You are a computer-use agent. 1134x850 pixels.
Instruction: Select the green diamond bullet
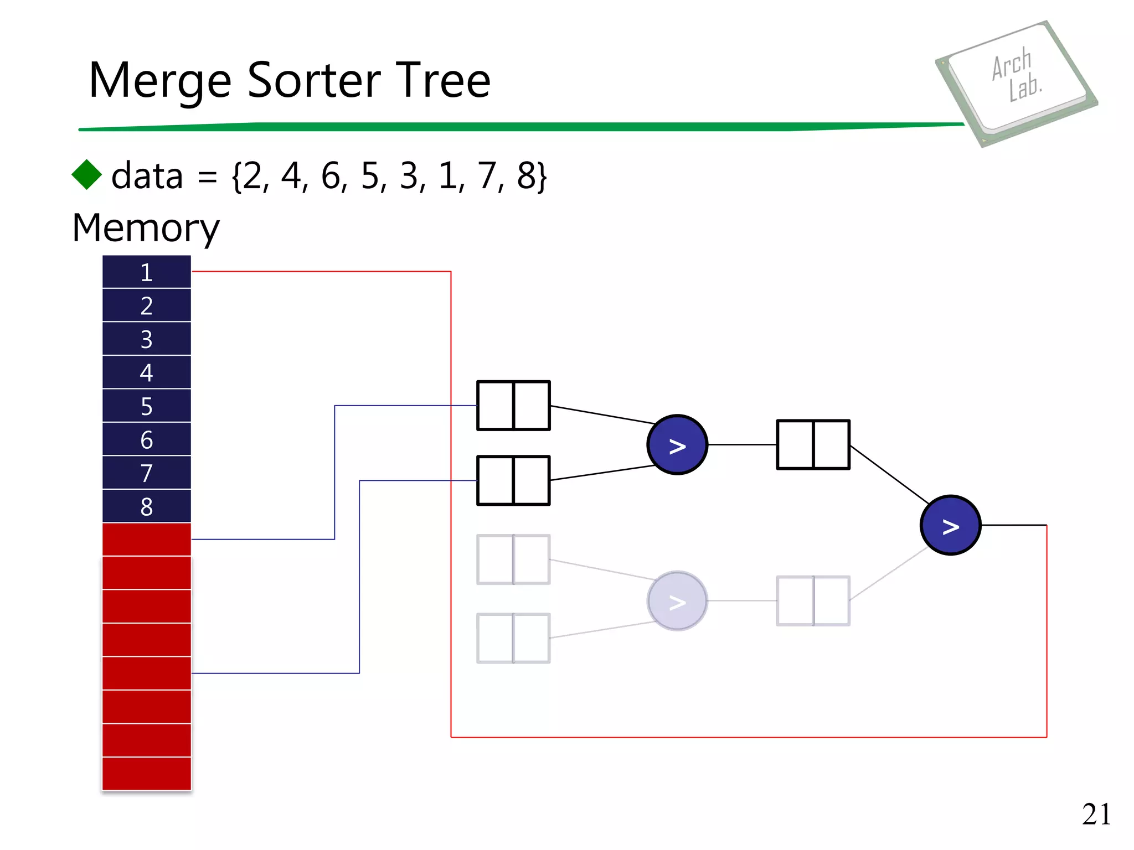(x=87, y=175)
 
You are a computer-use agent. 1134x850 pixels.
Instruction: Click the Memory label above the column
(x=146, y=228)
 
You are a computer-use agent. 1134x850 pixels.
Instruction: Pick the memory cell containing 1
(x=147, y=272)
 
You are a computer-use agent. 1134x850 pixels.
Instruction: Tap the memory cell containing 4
(x=147, y=372)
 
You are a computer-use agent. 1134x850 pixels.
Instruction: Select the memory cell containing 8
(x=147, y=506)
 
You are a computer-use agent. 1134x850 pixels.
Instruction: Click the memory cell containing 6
(x=147, y=440)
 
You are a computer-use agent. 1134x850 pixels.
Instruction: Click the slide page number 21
(x=1096, y=814)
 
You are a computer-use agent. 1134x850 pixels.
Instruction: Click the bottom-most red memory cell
(x=147, y=774)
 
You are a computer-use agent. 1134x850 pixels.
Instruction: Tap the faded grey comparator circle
(x=677, y=601)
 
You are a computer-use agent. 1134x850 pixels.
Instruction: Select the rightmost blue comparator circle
(x=950, y=525)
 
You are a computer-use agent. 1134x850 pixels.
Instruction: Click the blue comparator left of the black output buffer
(x=677, y=445)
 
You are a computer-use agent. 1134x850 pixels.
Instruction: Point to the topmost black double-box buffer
(x=513, y=406)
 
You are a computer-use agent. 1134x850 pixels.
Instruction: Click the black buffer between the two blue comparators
(x=813, y=445)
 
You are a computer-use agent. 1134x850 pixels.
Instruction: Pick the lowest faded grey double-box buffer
(x=513, y=638)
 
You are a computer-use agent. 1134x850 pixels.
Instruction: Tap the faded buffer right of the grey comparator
(x=813, y=601)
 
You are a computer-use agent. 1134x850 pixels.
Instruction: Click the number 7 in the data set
(x=487, y=176)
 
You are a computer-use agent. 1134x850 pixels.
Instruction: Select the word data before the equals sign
(x=147, y=176)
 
